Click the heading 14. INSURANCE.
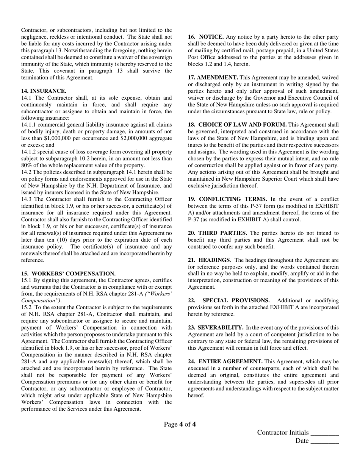44,91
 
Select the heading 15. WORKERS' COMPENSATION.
68,274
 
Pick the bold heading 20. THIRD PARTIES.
218,233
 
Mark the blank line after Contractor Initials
324,433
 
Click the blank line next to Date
324,441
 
